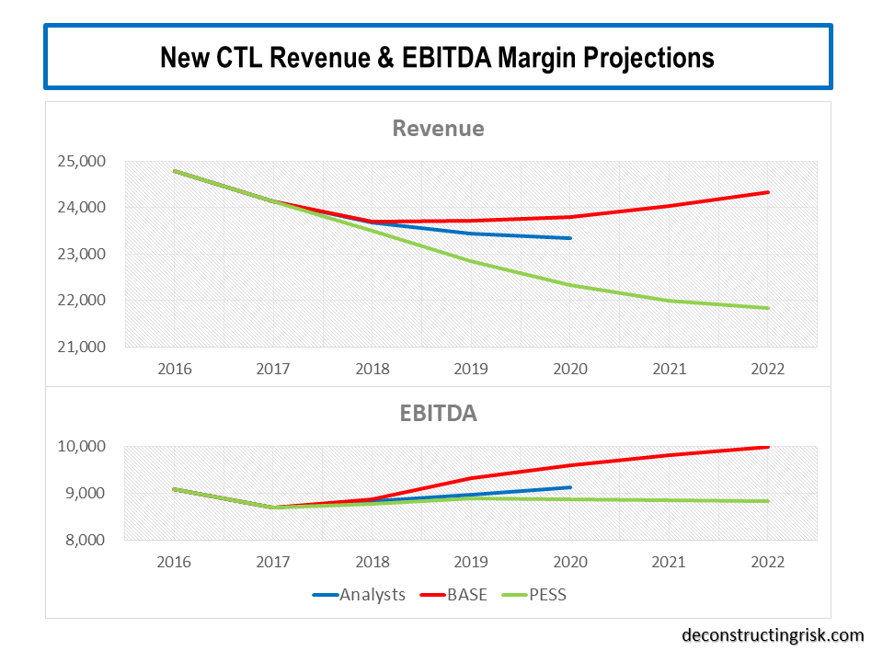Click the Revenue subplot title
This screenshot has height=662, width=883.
438,128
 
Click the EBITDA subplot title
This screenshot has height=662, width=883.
438,414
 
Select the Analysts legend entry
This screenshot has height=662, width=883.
372,595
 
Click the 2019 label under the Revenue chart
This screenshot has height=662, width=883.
471,369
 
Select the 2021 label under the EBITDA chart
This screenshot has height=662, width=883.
669,562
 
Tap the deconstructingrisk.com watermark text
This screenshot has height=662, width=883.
773,635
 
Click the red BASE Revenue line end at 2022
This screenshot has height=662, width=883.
768,192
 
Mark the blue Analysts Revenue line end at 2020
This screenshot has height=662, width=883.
570,238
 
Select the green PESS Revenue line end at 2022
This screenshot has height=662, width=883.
768,308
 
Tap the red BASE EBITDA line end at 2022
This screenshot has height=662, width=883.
768,447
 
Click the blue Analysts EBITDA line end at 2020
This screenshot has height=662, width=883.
570,487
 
